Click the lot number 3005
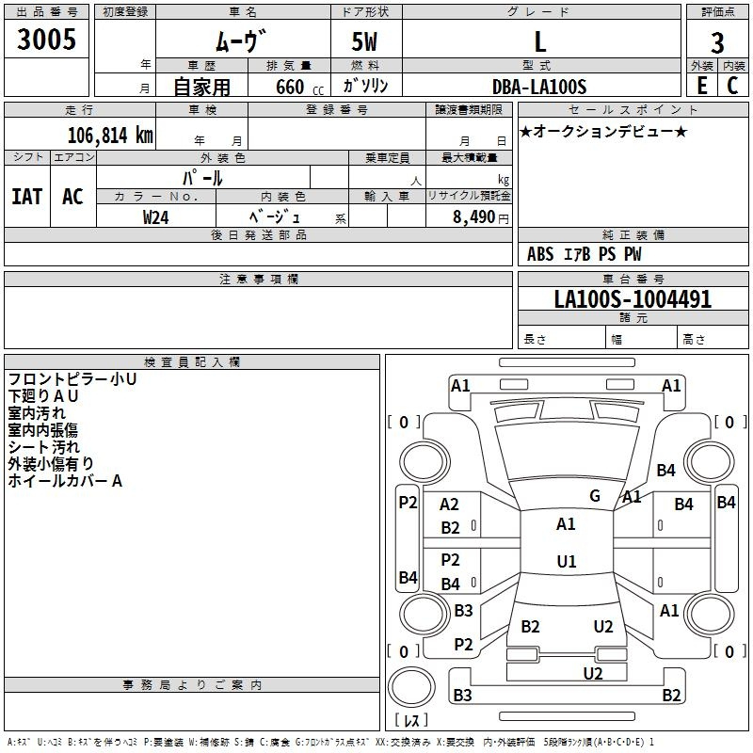46,40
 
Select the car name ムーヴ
243,41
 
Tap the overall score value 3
717,43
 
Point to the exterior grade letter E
701,85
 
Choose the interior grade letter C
732,85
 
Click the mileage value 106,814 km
110,135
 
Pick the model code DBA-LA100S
539,87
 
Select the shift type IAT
26,196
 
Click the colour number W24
156,216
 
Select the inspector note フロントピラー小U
72,379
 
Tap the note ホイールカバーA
65,481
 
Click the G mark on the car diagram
595,496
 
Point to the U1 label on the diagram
566,561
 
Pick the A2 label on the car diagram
450,505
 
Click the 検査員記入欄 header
192,361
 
